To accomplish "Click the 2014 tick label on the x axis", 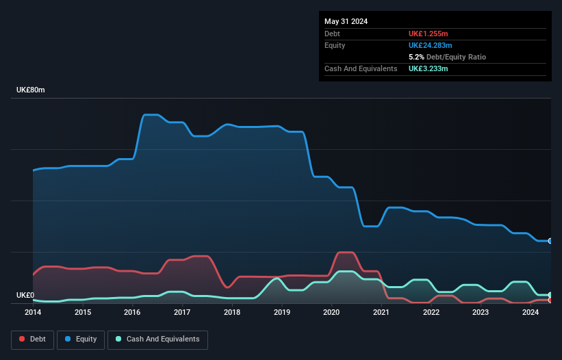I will pos(33,312).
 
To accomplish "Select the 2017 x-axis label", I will pos(182,312).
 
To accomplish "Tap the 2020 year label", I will pos(331,312).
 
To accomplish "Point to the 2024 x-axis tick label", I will pos(531,312).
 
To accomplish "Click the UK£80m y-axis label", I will pos(31,90).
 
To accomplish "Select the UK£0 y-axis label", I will pos(25,295).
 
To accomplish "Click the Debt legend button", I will pos(31,339).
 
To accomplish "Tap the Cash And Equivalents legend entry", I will pos(157,339).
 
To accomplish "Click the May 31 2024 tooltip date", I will pos(346,21).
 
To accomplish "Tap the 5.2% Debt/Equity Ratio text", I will pos(447,57).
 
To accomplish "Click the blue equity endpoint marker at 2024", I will pos(550,241).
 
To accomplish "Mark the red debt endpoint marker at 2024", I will pos(550,300).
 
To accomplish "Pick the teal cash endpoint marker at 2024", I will pos(550,295).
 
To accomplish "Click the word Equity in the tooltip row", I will pos(335,45).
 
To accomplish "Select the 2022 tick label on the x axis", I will pos(431,312).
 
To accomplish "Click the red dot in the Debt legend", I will pos(23,339).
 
